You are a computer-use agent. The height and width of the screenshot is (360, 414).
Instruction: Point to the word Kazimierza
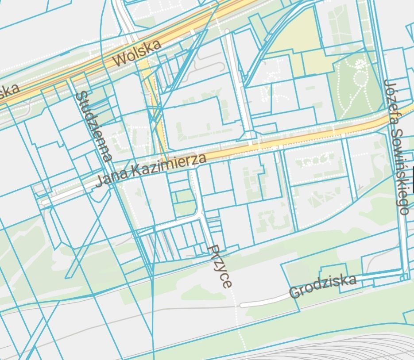click(169, 164)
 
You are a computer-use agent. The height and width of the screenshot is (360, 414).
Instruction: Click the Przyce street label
click(220, 266)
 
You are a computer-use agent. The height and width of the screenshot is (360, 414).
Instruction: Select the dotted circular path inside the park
click(361, 79)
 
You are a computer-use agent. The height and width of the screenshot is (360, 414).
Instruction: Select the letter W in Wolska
click(120, 61)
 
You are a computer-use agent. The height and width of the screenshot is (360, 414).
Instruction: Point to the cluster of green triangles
click(318, 201)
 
